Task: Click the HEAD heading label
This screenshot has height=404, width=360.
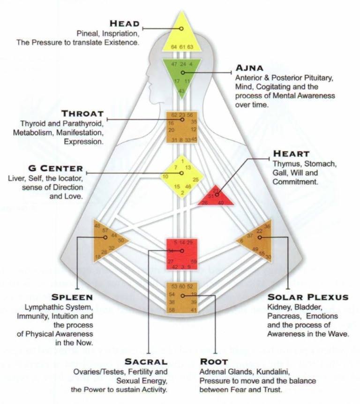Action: coord(125,24)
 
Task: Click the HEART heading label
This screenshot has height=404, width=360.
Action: coord(291,154)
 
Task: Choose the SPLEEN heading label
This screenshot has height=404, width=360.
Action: coord(72,297)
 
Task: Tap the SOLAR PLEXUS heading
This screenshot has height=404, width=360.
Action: coord(307,297)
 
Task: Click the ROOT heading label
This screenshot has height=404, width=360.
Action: coord(214,361)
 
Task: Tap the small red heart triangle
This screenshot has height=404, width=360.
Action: coord(217,196)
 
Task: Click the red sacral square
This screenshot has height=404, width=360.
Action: coord(182,254)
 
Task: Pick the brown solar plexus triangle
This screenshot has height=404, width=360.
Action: coord(256,239)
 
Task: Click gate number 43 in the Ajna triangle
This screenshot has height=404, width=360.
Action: coord(181,91)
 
